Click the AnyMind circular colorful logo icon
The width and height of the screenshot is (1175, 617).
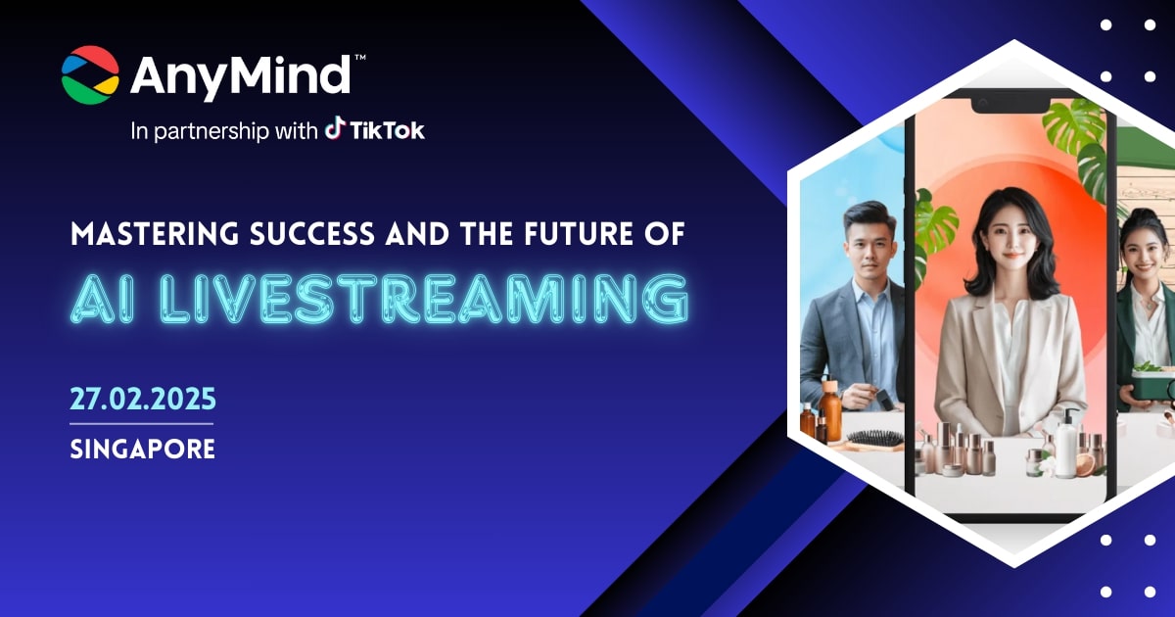90,74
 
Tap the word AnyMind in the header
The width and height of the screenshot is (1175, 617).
240,75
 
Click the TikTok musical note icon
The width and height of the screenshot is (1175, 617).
335,129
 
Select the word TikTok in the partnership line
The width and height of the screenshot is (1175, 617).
388,130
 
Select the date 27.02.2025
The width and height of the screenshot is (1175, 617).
142,400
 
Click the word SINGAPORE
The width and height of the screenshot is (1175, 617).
142,450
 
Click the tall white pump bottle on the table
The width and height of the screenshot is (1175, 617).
1064,446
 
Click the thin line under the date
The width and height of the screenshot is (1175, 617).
142,423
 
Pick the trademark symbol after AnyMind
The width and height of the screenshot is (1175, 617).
359,59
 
